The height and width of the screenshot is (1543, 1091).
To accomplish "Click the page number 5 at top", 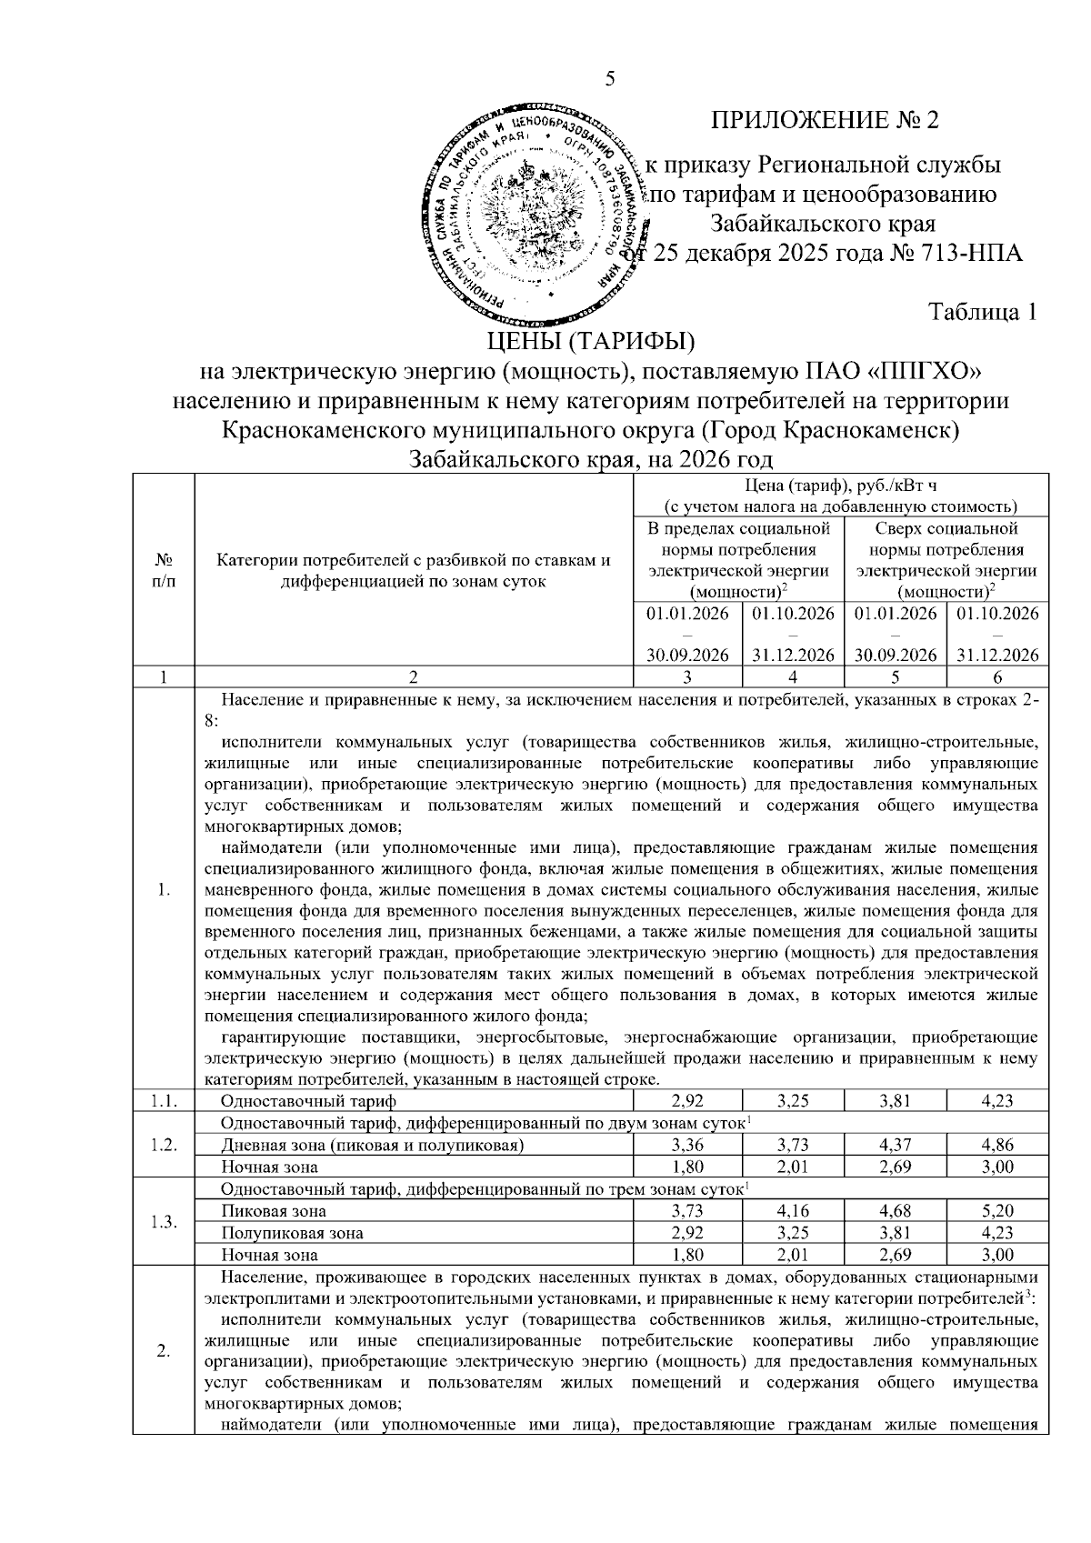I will click(x=610, y=79).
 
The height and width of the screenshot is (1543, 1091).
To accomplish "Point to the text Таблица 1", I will click(x=983, y=312).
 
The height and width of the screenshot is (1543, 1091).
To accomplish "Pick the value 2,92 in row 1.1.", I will click(x=687, y=1101).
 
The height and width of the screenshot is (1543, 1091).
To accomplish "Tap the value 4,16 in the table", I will click(x=793, y=1211).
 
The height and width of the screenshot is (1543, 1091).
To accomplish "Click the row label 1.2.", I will click(x=164, y=1144).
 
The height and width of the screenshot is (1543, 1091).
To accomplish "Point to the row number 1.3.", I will click(x=164, y=1222).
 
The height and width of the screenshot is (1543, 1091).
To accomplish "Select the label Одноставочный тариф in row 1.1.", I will click(x=309, y=1101).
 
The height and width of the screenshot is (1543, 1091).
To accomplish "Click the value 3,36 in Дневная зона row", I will click(x=687, y=1145).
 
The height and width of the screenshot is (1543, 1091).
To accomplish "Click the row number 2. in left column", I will click(x=164, y=1352).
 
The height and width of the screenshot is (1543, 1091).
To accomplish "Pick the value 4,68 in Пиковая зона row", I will click(x=895, y=1211).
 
